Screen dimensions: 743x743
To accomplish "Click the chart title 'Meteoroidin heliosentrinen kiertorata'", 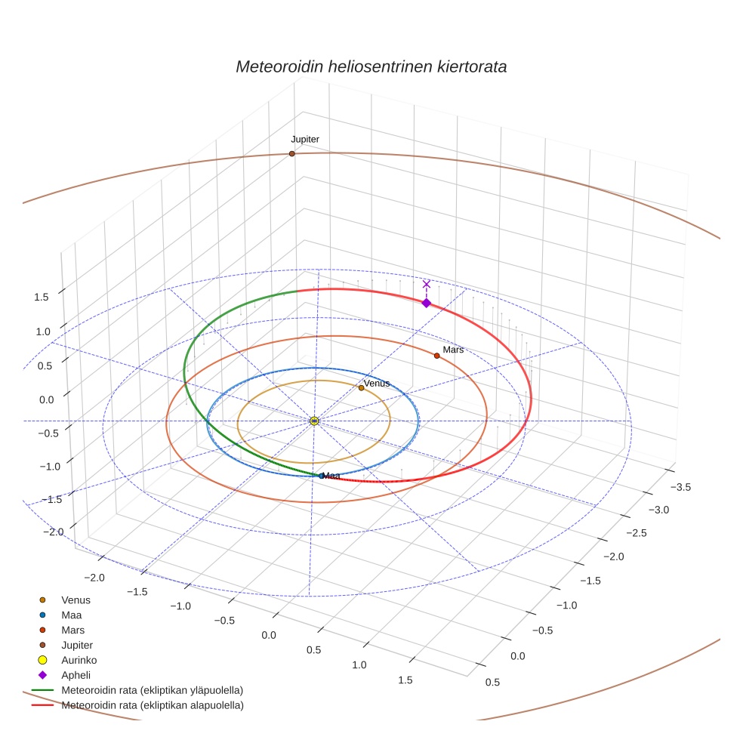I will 371,66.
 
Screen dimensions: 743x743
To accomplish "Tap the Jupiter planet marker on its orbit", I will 291,154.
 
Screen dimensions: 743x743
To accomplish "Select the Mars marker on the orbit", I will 436,356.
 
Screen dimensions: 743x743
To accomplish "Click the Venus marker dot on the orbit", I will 361,388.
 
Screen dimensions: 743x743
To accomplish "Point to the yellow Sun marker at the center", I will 314,421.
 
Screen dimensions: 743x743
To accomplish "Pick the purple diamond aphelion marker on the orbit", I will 426,303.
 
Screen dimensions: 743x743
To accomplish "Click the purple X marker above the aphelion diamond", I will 427,284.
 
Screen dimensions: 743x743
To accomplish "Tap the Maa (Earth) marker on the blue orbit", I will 321,476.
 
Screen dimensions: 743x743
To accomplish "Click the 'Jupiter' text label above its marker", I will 305,140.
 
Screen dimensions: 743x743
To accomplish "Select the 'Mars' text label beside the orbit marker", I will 453,350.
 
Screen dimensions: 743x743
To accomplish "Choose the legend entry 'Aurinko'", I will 79,660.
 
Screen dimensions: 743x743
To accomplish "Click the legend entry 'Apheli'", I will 76,675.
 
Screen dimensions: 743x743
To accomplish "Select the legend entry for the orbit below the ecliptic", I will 152,705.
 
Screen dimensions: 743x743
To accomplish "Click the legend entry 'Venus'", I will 76,600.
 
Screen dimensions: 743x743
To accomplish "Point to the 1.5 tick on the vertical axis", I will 41,297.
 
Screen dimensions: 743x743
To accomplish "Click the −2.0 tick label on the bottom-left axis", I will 94,578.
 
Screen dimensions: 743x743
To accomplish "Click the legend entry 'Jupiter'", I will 77,645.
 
